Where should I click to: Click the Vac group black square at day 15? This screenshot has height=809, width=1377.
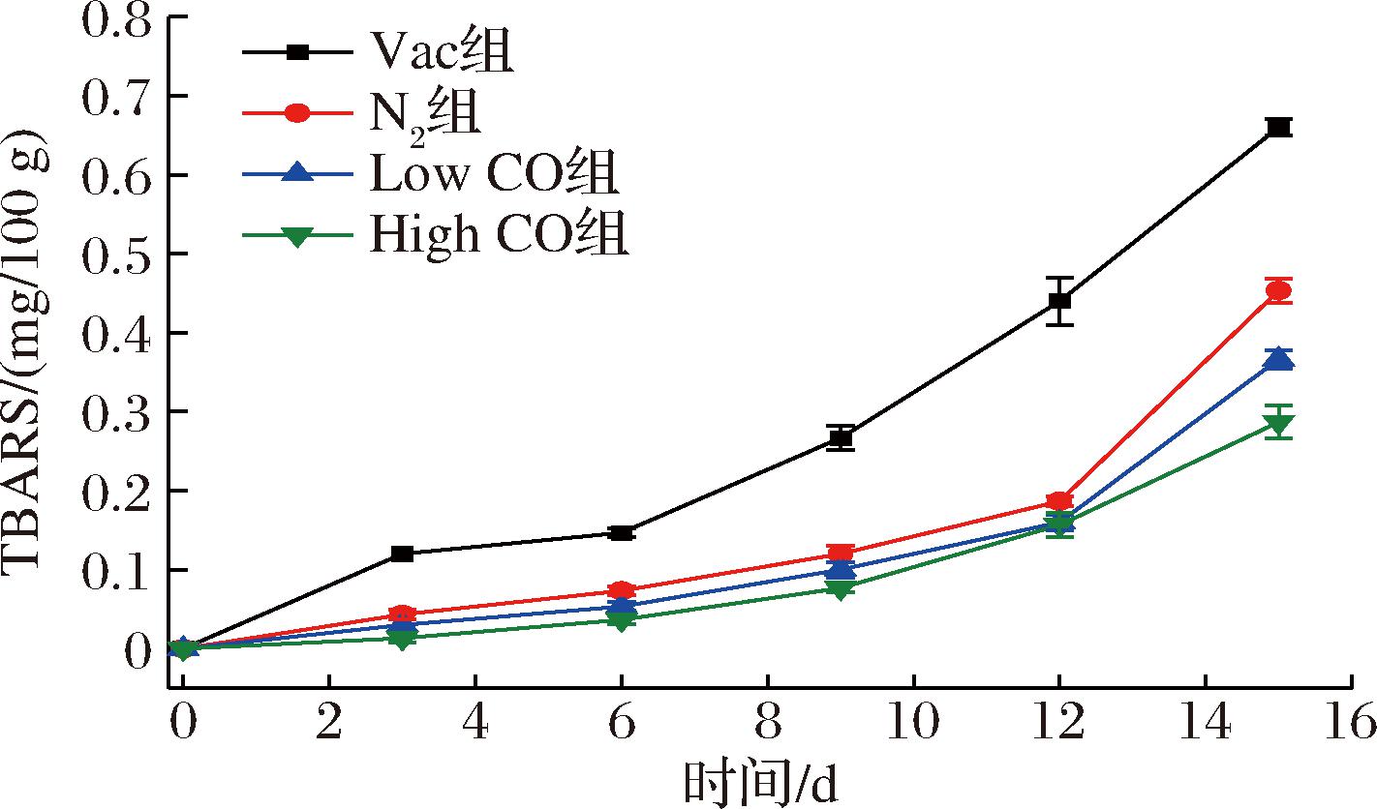pyautogui.click(x=1278, y=127)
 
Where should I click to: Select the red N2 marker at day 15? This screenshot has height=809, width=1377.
pyautogui.click(x=1278, y=290)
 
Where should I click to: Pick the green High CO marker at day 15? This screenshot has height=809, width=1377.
pyautogui.click(x=1278, y=423)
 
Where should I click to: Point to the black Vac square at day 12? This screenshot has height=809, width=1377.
pyautogui.click(x=1059, y=300)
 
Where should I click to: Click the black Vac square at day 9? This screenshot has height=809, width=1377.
pyautogui.click(x=841, y=437)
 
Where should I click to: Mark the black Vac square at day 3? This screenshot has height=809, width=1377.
pyautogui.click(x=402, y=554)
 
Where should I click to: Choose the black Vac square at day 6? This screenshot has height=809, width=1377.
pyautogui.click(x=622, y=532)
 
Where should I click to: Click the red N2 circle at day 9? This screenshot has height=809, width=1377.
pyautogui.click(x=841, y=554)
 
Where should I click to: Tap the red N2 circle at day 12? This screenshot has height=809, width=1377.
pyautogui.click(x=1059, y=501)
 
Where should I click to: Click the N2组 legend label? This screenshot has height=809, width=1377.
pyautogui.click(x=425, y=115)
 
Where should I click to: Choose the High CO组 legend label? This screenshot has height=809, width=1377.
pyautogui.click(x=500, y=235)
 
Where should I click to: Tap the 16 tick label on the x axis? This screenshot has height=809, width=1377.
pyautogui.click(x=1352, y=722)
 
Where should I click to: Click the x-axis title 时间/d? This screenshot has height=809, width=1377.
pyautogui.click(x=760, y=783)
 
